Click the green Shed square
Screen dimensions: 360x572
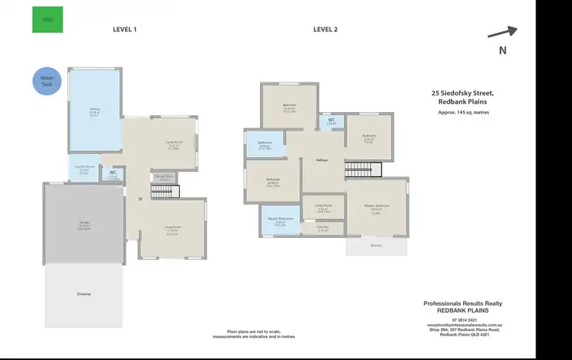pyautogui.click(x=48, y=20)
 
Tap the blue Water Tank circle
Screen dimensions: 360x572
pyautogui.click(x=47, y=80)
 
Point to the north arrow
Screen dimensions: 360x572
pyautogui.click(x=502, y=32)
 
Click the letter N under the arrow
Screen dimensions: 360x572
pyautogui.click(x=502, y=50)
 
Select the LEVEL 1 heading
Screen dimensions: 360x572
pyautogui.click(x=124, y=30)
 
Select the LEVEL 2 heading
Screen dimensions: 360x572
pyautogui.click(x=326, y=30)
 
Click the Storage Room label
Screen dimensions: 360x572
pyautogui.click(x=165, y=175)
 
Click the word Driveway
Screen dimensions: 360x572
pyautogui.click(x=83, y=294)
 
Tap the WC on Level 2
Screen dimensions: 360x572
pyautogui.click(x=332, y=121)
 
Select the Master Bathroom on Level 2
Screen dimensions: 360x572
pyautogui.click(x=280, y=221)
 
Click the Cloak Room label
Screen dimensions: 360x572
pyautogui.click(x=323, y=206)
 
